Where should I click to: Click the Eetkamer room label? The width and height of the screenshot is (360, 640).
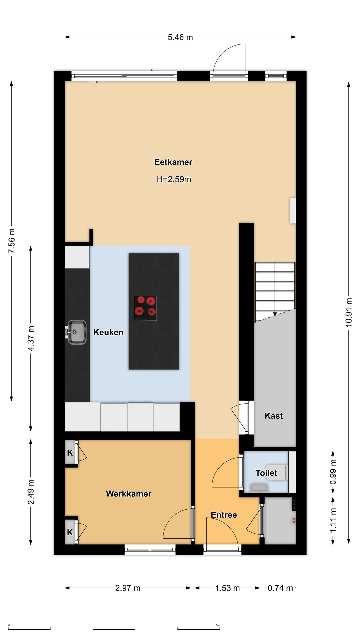point(173,162)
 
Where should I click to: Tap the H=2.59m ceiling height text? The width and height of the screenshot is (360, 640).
point(174,179)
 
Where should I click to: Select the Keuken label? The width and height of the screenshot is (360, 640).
point(108,332)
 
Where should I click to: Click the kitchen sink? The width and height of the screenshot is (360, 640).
point(76,332)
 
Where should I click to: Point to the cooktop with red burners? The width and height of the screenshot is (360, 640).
point(145,308)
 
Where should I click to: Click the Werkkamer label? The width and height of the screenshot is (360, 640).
point(129,494)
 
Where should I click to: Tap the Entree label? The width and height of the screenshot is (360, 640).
point(224,515)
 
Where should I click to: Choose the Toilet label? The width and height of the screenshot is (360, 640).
point(266,473)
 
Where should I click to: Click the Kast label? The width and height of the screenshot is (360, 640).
point(274,416)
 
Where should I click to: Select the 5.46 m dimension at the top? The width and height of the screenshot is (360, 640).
point(180,37)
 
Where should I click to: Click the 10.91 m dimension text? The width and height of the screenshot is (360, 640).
point(349,312)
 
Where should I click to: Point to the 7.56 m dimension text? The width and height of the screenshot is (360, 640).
point(12,241)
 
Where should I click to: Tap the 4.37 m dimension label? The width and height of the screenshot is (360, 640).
point(31,338)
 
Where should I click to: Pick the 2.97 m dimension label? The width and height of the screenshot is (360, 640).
point(128,588)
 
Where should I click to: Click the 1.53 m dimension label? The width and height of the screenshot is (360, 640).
point(228,588)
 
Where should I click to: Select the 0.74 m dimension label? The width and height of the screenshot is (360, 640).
point(280,588)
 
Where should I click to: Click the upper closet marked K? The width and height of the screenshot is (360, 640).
point(70,453)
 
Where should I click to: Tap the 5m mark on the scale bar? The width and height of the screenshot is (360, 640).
point(218,625)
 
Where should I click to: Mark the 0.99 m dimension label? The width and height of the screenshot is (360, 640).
point(333,472)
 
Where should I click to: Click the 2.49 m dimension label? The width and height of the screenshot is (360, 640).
point(31,492)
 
